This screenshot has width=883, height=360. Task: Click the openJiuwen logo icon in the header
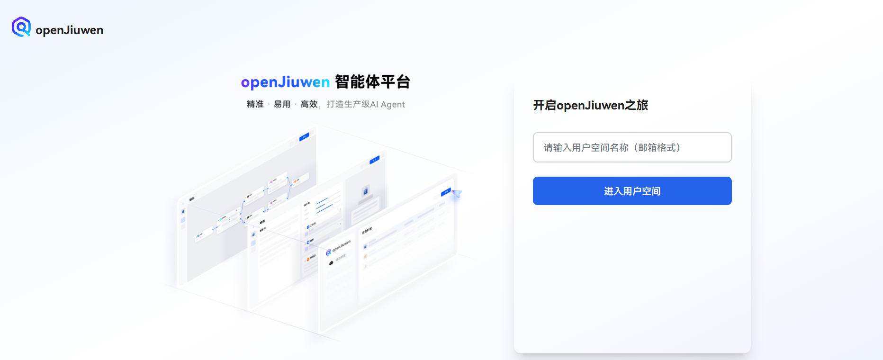coord(21,27)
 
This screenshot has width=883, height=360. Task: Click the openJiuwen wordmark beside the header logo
coord(69,30)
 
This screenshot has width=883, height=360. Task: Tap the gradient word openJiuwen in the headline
coord(285,82)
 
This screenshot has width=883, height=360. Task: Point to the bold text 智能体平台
coord(372,82)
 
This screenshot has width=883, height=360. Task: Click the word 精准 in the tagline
coord(255,104)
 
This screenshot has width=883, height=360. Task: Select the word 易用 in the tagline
coord(282,104)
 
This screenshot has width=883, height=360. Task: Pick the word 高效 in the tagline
coord(309,104)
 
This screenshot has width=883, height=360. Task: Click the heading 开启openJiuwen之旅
coord(590,105)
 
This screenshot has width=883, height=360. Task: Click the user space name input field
coord(632,147)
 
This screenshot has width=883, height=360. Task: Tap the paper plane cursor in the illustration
coord(457,194)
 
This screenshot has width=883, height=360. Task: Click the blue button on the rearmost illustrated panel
coord(304,137)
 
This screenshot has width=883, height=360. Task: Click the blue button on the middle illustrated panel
coord(375,160)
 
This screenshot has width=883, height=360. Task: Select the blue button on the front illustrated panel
coord(446,192)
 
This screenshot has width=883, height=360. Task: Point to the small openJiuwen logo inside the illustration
coord(329,252)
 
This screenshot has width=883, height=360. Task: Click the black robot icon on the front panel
coord(331,263)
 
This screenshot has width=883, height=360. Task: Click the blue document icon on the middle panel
coord(365,191)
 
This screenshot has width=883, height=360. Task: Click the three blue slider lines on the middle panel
coord(327,204)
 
